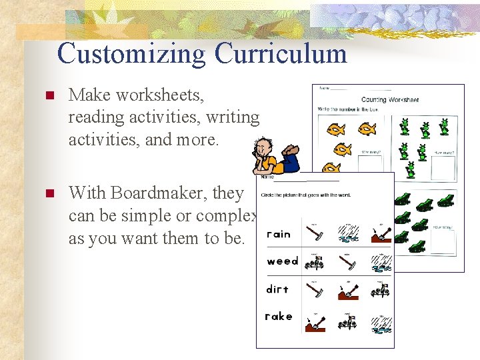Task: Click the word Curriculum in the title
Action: pyautogui.click(x=281, y=53)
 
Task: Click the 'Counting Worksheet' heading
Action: pyautogui.click(x=389, y=99)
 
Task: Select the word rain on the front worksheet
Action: pyautogui.click(x=279, y=234)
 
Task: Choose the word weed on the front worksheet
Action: pyautogui.click(x=282, y=261)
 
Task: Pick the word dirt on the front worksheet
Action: pyautogui.click(x=277, y=289)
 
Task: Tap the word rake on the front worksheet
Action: pyautogui.click(x=279, y=317)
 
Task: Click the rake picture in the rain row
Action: pyautogui.click(x=315, y=233)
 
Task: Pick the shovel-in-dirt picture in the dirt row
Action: pyautogui.click(x=347, y=291)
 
